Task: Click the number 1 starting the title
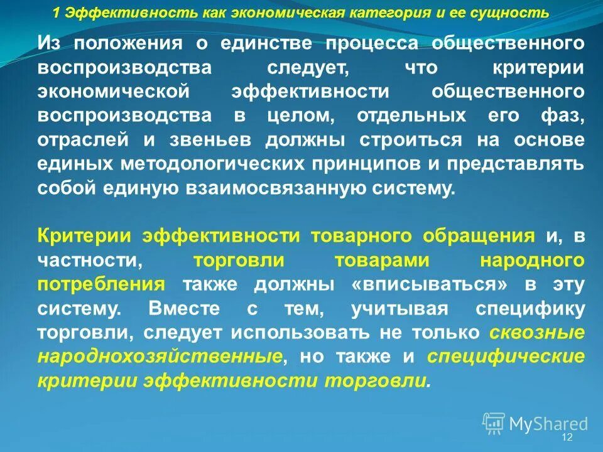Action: click(x=56, y=13)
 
